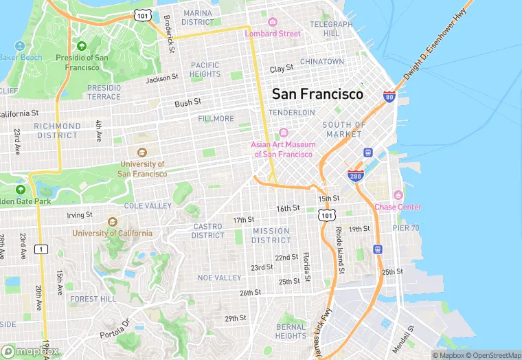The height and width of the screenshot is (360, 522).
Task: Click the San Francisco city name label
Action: point(317,94)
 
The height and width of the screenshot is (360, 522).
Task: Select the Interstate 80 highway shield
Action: point(389,97)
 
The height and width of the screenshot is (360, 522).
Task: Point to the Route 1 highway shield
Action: point(42,249)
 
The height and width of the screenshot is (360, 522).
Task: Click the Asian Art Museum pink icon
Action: point(283,133)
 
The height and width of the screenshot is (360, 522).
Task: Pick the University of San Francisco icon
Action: point(142,153)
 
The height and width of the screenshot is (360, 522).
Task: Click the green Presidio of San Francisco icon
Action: point(82,46)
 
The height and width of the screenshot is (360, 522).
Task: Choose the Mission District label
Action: point(271,236)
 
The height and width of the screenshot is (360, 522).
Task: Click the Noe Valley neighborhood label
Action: point(219,278)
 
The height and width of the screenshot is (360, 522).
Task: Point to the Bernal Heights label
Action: point(291,331)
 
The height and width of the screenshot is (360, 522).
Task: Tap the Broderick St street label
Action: point(169,33)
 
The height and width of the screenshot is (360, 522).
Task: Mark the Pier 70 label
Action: point(405,228)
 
